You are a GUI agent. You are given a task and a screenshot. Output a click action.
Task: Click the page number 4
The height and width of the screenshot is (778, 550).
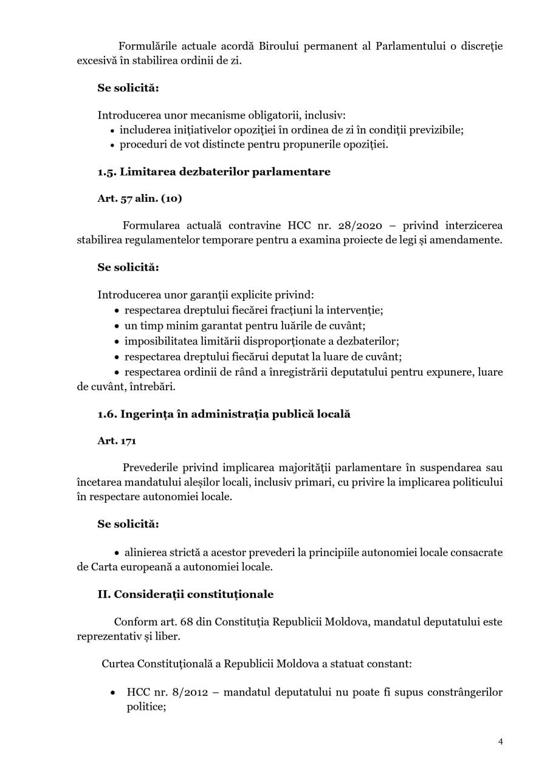point(500,742)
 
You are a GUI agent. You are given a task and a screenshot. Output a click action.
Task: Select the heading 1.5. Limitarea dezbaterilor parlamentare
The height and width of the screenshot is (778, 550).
point(214,171)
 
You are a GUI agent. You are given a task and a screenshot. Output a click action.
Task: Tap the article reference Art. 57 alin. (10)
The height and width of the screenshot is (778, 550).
point(139,198)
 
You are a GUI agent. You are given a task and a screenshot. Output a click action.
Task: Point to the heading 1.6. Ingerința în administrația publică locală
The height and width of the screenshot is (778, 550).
point(224,414)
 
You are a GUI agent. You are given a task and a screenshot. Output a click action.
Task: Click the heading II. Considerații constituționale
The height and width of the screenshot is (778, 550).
point(185,594)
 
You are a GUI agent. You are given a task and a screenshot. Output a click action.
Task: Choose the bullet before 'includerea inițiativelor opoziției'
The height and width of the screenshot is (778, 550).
point(112,130)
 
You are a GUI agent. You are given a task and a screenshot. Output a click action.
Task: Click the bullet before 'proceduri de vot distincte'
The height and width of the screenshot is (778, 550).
point(112,145)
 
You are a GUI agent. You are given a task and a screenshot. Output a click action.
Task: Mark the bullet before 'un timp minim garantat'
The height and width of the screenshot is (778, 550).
point(117,326)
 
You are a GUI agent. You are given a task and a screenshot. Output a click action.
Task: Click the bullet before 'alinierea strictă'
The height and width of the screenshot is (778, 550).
point(117,553)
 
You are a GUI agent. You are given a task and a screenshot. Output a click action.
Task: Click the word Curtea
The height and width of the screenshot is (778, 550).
point(118,663)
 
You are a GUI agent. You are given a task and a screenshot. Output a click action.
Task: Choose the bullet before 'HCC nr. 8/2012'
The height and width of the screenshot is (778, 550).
point(112,693)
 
